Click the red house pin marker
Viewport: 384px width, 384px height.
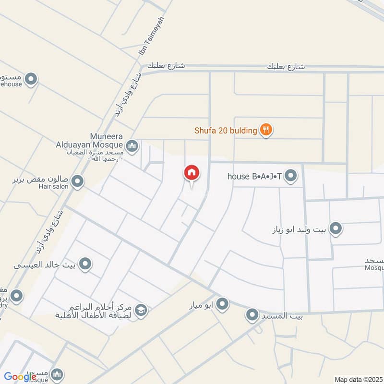192,173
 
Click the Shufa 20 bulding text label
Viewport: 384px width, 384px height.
226,130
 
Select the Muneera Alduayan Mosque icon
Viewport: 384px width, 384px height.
132,145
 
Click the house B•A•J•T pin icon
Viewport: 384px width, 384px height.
290,177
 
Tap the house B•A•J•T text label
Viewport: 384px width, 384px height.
254,177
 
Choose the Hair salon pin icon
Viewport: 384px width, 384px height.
77,182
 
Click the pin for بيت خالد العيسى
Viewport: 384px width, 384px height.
85,264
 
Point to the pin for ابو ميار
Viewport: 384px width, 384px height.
222,304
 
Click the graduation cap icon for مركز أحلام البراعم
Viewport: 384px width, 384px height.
141,310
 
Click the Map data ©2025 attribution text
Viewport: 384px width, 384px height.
358,379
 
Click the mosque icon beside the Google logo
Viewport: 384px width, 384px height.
57,374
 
